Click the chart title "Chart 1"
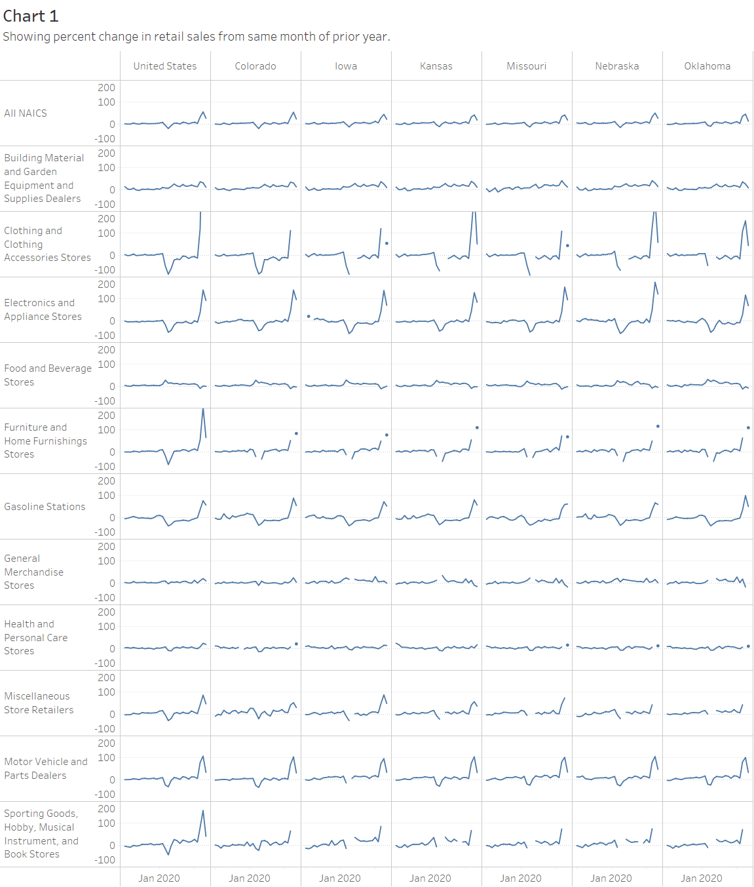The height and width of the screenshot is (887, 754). click(x=31, y=16)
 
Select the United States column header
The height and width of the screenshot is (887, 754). click(x=165, y=66)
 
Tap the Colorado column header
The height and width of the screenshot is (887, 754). click(x=255, y=66)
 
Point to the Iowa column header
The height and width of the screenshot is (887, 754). click(x=346, y=66)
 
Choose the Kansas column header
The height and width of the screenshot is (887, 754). click(x=436, y=66)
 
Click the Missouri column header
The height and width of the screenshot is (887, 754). click(x=527, y=66)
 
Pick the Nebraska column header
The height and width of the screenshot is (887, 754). click(x=617, y=66)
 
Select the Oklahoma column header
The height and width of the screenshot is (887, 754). click(x=707, y=66)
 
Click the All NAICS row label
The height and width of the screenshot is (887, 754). click(x=26, y=113)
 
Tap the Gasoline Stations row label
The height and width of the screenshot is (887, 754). click(x=45, y=507)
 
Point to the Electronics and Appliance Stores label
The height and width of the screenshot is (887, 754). click(x=43, y=309)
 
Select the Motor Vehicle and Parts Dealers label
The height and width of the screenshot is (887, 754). click(x=46, y=768)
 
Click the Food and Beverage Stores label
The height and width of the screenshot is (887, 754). click(x=48, y=375)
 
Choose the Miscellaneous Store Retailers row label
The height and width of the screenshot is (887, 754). click(x=39, y=703)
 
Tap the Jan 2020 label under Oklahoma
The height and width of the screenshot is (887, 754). click(x=702, y=878)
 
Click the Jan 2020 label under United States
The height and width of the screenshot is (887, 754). click(x=159, y=878)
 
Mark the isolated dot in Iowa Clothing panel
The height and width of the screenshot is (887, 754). click(x=386, y=243)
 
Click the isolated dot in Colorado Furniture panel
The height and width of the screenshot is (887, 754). click(x=296, y=433)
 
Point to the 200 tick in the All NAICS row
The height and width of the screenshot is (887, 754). click(x=106, y=88)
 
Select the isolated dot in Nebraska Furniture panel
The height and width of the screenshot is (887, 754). click(x=658, y=426)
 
